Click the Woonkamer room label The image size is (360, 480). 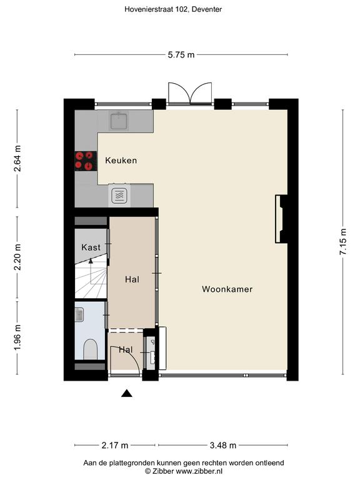tap(227, 289)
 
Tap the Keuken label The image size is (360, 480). tap(121, 161)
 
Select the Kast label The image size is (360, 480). tap(91, 247)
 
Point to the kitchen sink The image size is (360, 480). tap(119, 121)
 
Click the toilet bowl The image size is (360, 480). tap(90, 349)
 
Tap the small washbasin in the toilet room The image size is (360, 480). tap(79, 315)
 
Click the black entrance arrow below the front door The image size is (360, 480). tap(126, 393)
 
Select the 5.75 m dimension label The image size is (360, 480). tap(181, 55)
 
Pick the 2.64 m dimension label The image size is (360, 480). tap(17, 158)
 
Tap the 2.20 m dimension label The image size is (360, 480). tap(17, 257)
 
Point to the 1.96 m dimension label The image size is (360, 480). tap(17, 338)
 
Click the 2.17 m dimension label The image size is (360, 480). tap(115, 446)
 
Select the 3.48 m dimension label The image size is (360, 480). tap(223, 446)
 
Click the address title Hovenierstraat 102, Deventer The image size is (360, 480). tap(173, 9)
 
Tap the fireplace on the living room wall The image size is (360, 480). tap(281, 219)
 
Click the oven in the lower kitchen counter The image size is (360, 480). tap(119, 195)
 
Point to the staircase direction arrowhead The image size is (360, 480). tap(91, 261)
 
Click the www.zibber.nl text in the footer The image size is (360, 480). tap(199, 471)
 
